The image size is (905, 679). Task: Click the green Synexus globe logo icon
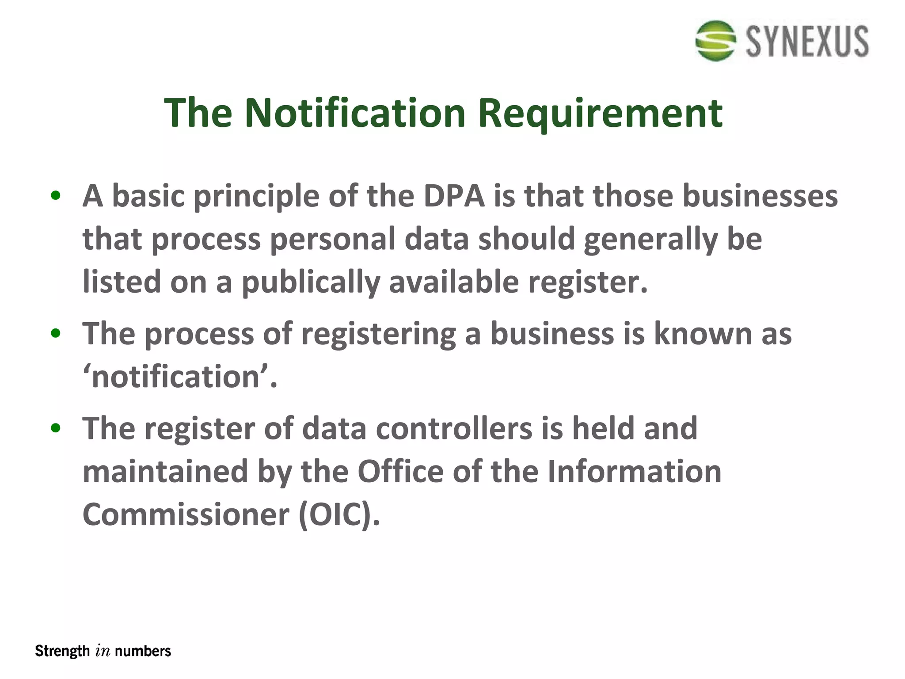[x=716, y=41]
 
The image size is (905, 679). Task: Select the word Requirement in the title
[x=600, y=114]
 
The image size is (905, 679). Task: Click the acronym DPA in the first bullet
[x=454, y=196]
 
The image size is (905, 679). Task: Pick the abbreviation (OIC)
[x=339, y=515]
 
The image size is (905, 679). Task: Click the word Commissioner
[x=186, y=515]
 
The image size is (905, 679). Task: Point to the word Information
[x=635, y=472]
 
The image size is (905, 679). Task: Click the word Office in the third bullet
[x=400, y=472]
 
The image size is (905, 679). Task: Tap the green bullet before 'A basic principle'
[x=55, y=196]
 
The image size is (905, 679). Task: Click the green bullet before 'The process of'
[x=55, y=334]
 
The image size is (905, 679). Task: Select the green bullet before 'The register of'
[x=55, y=428]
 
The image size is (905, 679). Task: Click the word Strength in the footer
[x=62, y=651]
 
